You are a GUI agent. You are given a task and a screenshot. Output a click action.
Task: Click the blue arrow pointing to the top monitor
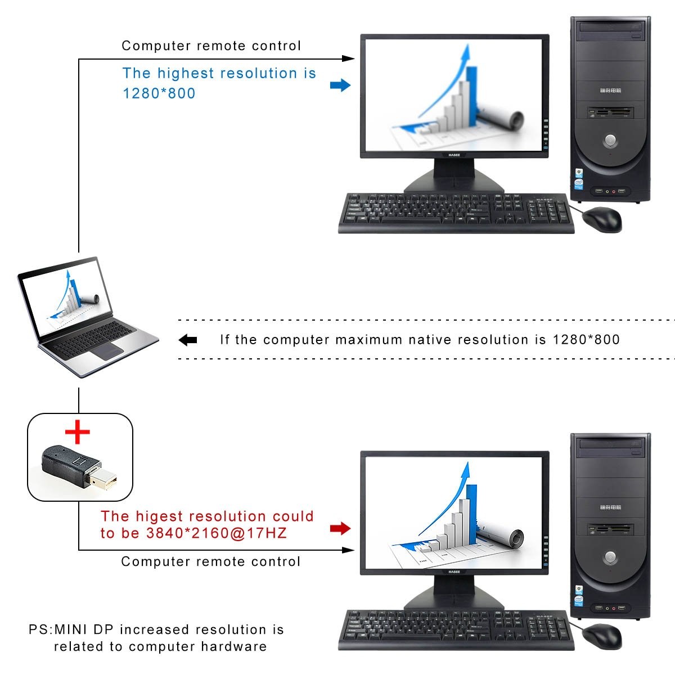point(340,85)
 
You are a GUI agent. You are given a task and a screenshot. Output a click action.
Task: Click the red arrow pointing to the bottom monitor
point(340,528)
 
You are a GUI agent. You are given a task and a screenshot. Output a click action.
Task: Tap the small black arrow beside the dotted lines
point(188,340)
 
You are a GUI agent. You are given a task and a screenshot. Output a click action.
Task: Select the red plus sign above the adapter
point(78,432)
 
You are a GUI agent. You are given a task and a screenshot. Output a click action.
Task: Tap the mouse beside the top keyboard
point(602,219)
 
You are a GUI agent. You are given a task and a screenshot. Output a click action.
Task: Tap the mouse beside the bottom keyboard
point(602,636)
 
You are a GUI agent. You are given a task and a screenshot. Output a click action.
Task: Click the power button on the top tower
point(610,139)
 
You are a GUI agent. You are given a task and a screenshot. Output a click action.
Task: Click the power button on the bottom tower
point(610,557)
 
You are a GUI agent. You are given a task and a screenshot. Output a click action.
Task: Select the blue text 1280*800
point(159,93)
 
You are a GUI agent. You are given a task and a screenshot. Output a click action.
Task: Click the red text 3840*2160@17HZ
point(217,533)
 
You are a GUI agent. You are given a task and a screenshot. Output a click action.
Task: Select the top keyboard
point(456,213)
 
